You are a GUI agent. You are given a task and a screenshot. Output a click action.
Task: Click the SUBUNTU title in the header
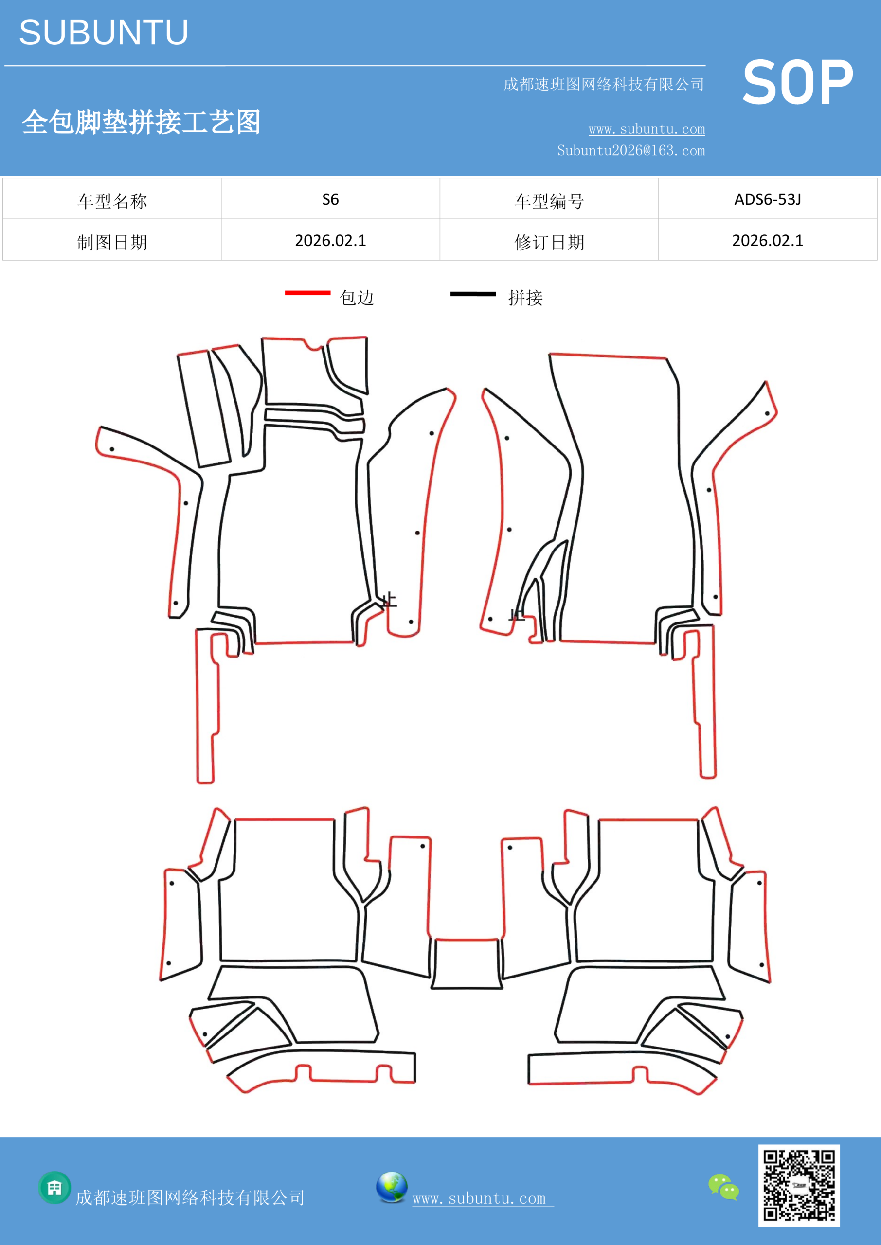point(104,33)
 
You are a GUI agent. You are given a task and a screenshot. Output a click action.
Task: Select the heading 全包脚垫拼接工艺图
point(141,122)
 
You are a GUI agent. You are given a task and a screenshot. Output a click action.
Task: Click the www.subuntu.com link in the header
point(647,129)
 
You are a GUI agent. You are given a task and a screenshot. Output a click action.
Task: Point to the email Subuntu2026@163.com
point(631,150)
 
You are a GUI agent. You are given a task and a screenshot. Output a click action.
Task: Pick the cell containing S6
point(330,199)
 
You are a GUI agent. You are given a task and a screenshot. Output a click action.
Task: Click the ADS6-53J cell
point(768,199)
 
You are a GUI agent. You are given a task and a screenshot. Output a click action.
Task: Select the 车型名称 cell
point(112,199)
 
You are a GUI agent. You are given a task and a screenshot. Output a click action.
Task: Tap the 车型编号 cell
point(549,199)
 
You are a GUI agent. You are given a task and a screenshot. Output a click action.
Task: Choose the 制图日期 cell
point(112,240)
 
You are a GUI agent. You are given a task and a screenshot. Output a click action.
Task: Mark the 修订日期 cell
point(549,240)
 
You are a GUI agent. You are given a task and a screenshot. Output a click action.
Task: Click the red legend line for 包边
point(307,293)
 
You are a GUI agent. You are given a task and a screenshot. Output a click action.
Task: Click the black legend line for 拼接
point(473,294)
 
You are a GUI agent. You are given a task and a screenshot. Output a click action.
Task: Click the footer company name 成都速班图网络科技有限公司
point(190,1198)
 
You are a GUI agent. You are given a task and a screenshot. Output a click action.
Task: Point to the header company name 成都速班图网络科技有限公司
point(604,85)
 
